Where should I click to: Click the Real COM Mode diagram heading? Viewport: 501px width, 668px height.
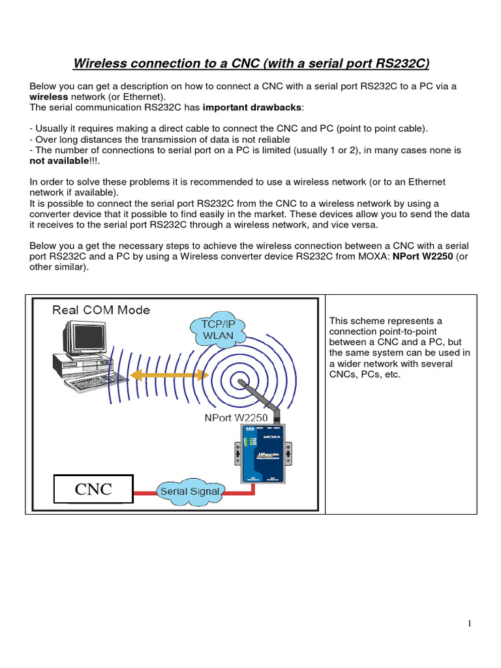[101, 310]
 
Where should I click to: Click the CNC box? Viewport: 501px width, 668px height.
[93, 489]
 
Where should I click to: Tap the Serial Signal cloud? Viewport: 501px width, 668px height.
[190, 491]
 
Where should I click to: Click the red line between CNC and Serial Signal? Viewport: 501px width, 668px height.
[145, 491]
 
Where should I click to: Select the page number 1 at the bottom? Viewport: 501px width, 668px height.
[469, 624]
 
